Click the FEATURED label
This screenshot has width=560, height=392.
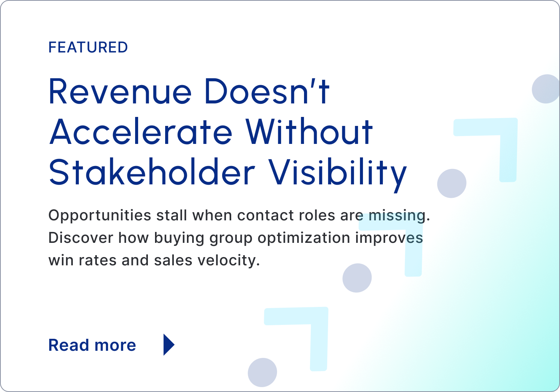[x=88, y=47]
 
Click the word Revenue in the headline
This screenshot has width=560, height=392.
[x=120, y=91]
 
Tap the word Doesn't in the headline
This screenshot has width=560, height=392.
[x=267, y=91]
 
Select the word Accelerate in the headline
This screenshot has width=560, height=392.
[x=141, y=131]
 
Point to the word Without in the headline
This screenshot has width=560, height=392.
[x=309, y=131]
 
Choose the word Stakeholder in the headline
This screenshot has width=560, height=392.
[x=152, y=172]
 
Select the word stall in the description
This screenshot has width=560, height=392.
[x=172, y=215]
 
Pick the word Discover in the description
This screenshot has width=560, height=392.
[x=81, y=238]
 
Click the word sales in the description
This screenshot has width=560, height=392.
[x=173, y=260]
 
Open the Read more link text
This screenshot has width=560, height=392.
[x=92, y=345]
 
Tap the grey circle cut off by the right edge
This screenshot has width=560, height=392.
[x=546, y=89]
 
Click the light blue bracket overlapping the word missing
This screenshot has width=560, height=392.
[x=414, y=250]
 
